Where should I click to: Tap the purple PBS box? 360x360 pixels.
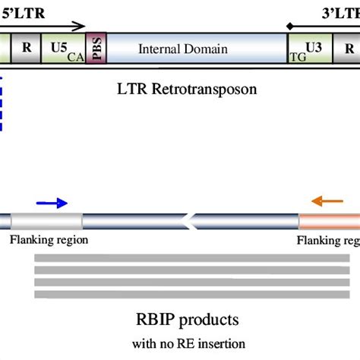[96, 49]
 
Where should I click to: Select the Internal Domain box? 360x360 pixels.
[182, 49]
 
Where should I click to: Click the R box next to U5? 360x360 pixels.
[27, 48]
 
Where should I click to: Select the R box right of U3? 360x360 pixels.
[349, 48]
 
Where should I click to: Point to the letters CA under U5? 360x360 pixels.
[75, 55]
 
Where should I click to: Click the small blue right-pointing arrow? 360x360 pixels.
[52, 203]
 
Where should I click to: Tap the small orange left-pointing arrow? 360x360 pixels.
[327, 202]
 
